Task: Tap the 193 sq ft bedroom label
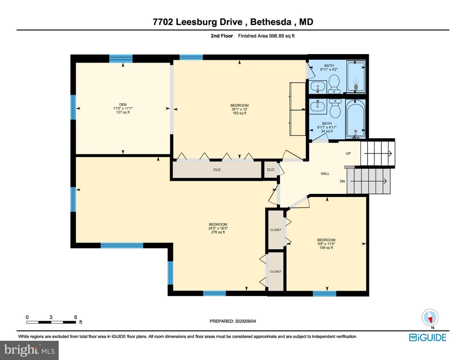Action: pos(239,109)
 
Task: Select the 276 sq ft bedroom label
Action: pos(218,228)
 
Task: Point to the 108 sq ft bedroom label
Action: pos(326,244)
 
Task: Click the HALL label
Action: pos(325,174)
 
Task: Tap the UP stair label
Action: pos(348,153)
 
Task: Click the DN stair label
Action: pos(342,181)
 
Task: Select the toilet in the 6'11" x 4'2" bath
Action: pos(334,84)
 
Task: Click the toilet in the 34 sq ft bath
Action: pos(335,108)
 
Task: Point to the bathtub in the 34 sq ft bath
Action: pos(355,118)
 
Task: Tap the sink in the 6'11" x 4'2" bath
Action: pos(318,87)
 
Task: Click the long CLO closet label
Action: pos(217,169)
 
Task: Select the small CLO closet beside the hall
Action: pos(271,169)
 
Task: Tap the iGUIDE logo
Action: pos(427,338)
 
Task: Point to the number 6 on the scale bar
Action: pos(75,317)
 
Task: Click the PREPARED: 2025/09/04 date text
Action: pos(233,321)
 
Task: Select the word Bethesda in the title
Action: pos(271,22)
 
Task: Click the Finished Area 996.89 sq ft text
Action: pos(266,36)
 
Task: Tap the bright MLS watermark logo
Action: pos(29,350)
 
